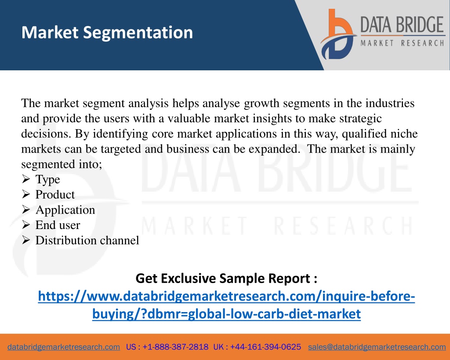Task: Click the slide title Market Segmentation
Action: [107, 33]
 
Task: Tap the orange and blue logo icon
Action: [338, 34]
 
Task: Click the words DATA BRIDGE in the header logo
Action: [402, 25]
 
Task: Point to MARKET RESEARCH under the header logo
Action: [403, 43]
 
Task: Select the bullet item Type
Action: [47, 179]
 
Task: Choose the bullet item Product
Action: [55, 195]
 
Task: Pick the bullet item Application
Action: [65, 210]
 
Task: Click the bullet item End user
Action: [58, 225]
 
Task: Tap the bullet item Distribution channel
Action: [87, 240]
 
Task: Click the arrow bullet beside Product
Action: [26, 194]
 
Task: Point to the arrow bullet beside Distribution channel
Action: [26, 240]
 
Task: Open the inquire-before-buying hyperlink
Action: [226, 305]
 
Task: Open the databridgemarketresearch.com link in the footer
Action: [64, 347]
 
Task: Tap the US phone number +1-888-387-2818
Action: [175, 347]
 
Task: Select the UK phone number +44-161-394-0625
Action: [265, 347]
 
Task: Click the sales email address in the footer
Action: [377, 347]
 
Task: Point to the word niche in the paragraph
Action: [404, 134]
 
